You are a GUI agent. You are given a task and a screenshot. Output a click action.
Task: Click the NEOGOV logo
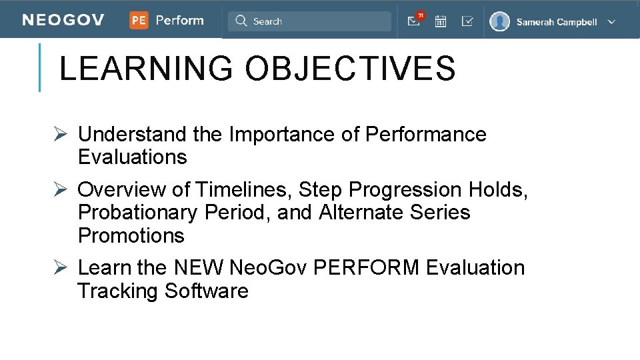63,21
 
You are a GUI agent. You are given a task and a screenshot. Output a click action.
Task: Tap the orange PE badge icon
139,21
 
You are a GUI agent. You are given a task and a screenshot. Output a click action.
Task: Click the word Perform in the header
179,21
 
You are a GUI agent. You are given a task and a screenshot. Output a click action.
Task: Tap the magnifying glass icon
241,21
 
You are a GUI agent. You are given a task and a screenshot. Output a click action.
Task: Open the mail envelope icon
413,22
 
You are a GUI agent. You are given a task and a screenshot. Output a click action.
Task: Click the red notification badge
420,15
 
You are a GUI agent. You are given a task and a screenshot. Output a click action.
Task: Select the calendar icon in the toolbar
441,21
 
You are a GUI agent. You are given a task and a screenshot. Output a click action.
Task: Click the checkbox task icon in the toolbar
467,21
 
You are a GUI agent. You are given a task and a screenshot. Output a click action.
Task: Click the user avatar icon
499,21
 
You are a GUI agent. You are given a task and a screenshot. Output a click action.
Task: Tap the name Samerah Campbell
557,22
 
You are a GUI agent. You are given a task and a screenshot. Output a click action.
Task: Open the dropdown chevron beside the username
611,21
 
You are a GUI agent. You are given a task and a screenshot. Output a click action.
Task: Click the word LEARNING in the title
146,69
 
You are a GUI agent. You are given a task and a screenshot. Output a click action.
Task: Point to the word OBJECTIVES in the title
350,69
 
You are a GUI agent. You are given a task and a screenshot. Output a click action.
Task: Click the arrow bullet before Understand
60,135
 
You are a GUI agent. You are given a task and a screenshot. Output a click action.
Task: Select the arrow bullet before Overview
60,190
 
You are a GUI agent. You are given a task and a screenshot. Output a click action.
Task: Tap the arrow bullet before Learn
60,268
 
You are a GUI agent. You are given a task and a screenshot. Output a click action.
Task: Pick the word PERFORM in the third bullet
366,268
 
